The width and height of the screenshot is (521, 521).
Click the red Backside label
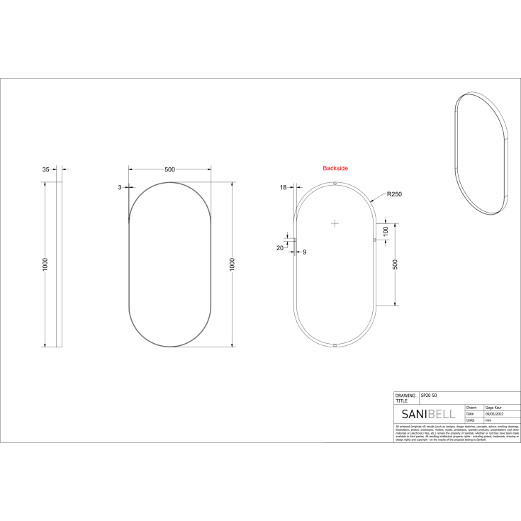click(x=335, y=168)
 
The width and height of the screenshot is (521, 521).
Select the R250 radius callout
click(x=394, y=194)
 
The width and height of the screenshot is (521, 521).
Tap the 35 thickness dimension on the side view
click(x=46, y=169)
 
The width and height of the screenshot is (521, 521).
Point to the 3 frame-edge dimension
click(x=120, y=187)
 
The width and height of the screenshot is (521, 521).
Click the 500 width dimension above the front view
click(x=169, y=169)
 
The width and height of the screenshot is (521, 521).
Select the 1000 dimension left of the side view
click(x=45, y=264)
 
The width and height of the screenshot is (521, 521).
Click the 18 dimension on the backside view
click(x=284, y=187)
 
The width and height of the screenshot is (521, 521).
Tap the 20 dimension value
click(x=279, y=248)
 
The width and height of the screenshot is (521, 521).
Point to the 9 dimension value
click(x=305, y=252)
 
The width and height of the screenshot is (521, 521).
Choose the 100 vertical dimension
click(x=386, y=230)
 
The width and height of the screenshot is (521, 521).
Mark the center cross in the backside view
click(x=335, y=223)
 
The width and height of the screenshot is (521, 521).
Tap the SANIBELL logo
click(x=428, y=414)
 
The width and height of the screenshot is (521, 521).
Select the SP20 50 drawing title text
click(x=429, y=395)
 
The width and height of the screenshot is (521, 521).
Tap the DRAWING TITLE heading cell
click(x=405, y=398)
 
